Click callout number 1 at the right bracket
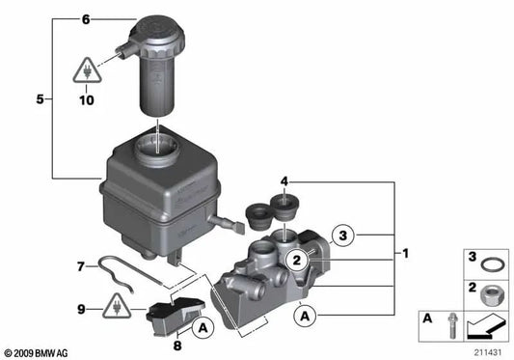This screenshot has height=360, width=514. click(x=407, y=254)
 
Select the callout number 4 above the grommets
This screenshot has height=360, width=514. click(x=284, y=180)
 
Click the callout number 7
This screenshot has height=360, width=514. click(x=82, y=263)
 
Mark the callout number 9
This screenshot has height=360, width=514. click(x=82, y=309)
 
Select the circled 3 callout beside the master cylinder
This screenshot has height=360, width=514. click(x=345, y=233)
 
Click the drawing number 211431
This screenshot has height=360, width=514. click(x=488, y=350)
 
